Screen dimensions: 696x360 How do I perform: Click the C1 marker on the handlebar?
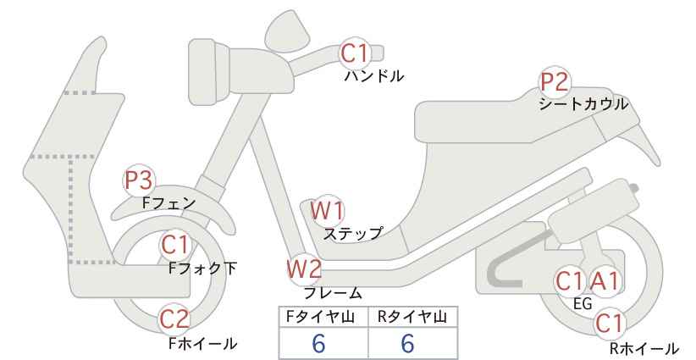click(x=355, y=53)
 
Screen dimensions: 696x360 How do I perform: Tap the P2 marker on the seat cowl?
click(x=555, y=81)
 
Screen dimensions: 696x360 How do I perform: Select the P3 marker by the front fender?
click(x=139, y=180)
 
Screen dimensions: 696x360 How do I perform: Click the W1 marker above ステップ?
click(x=327, y=210)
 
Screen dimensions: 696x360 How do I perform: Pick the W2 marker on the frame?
click(x=304, y=269)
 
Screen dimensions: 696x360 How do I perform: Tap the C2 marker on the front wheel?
click(x=174, y=318)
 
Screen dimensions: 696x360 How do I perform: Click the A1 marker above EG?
click(x=604, y=281)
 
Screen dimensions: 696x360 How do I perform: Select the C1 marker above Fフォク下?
click(x=175, y=245)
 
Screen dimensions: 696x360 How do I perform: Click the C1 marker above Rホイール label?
click(x=609, y=323)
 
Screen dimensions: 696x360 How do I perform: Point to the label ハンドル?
click(x=374, y=76)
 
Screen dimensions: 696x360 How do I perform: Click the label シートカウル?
click(x=583, y=104)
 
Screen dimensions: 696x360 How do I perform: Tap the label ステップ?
click(x=353, y=234)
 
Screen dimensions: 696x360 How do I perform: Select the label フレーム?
click(x=333, y=293)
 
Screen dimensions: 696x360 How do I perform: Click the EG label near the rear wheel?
click(x=583, y=303)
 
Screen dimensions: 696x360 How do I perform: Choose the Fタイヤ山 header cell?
click(x=323, y=317)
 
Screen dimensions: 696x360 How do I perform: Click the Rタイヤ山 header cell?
click(x=413, y=317)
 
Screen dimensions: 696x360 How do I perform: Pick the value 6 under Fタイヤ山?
click(x=318, y=343)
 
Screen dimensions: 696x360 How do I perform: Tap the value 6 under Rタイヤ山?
click(x=407, y=343)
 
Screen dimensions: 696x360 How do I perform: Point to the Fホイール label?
click(x=203, y=343)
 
